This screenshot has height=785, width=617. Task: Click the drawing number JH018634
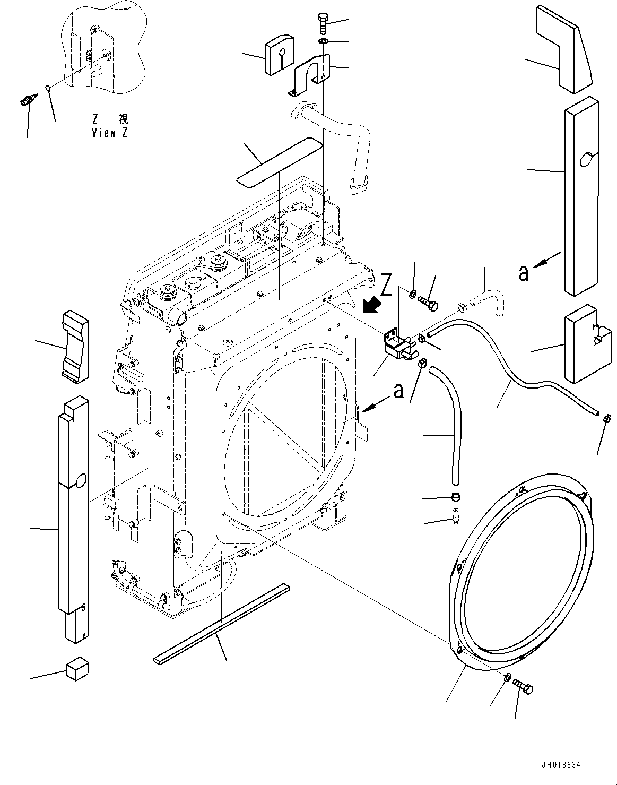pos(561,765)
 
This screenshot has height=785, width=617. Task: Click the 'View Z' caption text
pos(109,133)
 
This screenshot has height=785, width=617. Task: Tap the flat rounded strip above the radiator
pos(279,161)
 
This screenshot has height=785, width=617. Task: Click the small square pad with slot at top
pos(279,54)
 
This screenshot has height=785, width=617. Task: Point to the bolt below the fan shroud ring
pos(524,687)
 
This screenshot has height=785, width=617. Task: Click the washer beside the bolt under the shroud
pos(507,677)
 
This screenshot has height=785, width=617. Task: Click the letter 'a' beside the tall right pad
pos(524,273)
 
